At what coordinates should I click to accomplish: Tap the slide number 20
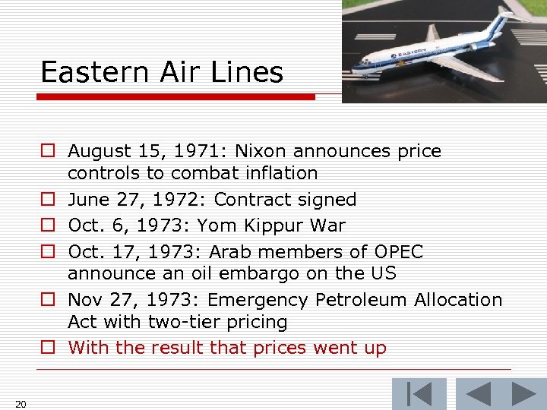click(x=21, y=403)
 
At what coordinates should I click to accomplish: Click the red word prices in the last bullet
click(x=293, y=348)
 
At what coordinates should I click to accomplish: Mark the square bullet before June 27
click(x=48, y=200)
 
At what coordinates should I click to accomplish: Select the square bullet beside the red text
click(x=48, y=348)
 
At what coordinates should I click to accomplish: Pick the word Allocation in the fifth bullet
click(x=457, y=300)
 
